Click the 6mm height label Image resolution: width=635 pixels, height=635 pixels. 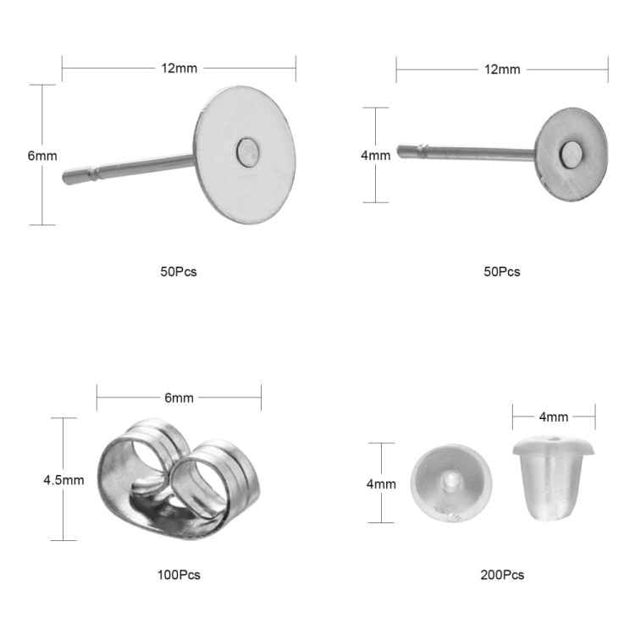pyautogui.click(x=42, y=156)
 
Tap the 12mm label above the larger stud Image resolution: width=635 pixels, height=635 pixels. pyautogui.click(x=179, y=69)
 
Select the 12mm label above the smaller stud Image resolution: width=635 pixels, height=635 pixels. pyautogui.click(x=502, y=69)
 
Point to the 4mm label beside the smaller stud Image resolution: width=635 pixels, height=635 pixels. pyautogui.click(x=376, y=156)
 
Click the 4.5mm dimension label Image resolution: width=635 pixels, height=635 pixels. pyautogui.click(x=63, y=480)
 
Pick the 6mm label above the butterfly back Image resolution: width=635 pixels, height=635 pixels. pyautogui.click(x=179, y=398)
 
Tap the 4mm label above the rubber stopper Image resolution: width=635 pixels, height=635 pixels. pyautogui.click(x=554, y=417)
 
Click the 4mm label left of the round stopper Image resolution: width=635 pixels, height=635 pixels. pyautogui.click(x=381, y=484)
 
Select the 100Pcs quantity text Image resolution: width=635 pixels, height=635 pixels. pyautogui.click(x=179, y=575)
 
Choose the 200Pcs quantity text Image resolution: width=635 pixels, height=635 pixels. pyautogui.click(x=502, y=575)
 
